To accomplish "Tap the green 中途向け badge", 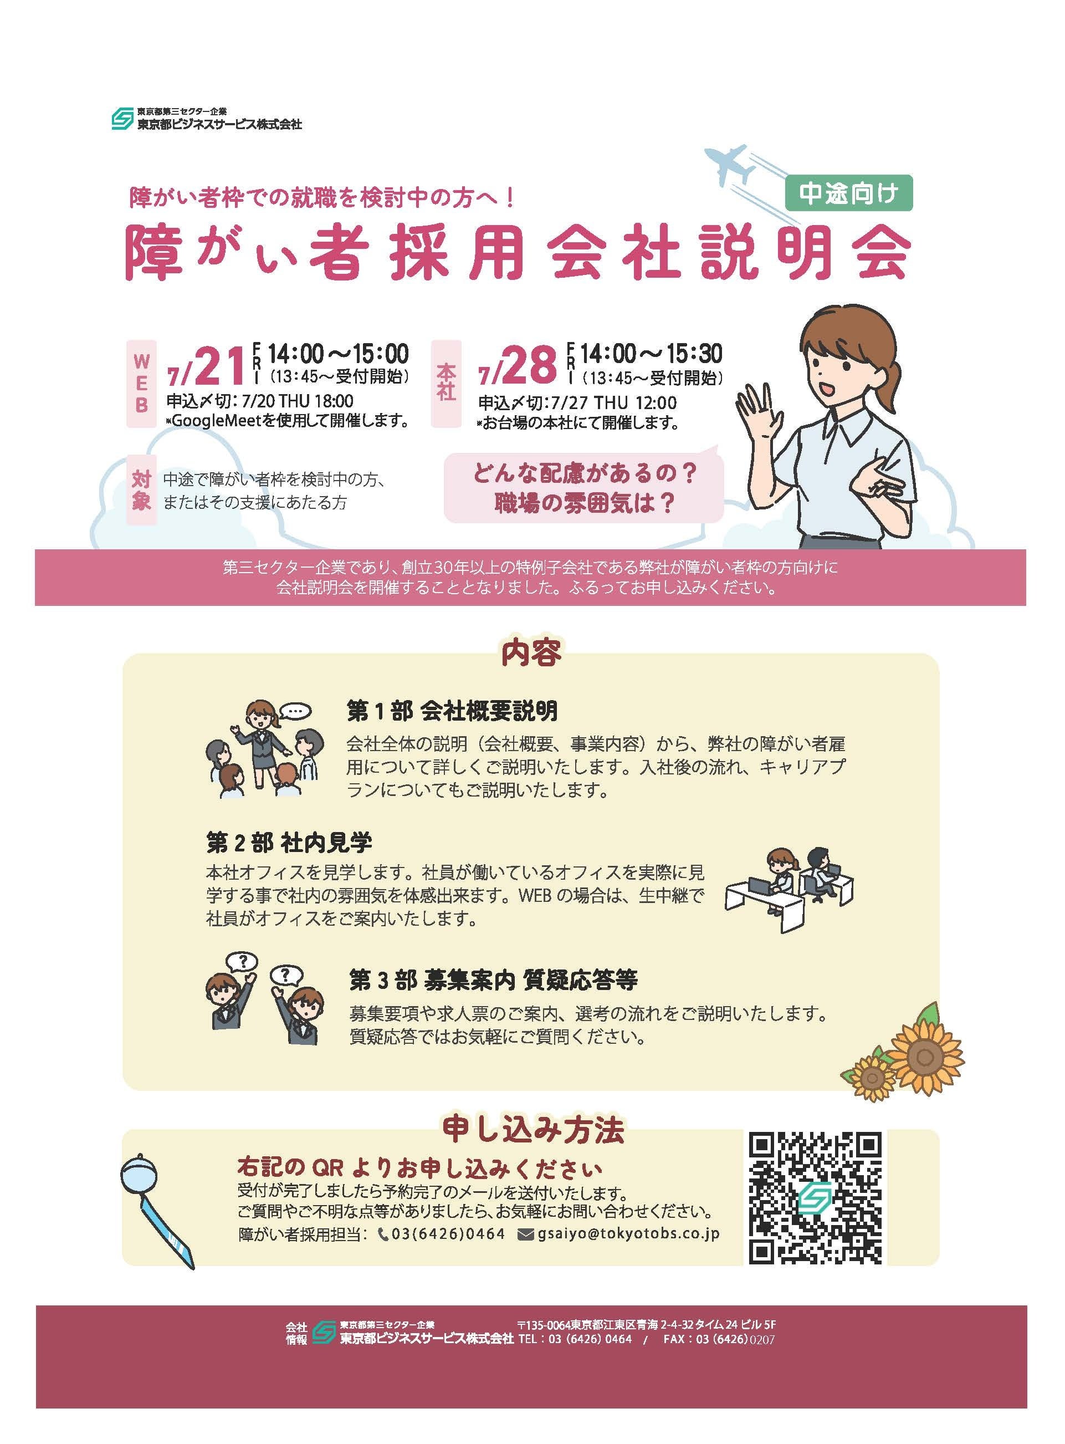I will (x=848, y=193).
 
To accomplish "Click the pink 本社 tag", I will (x=446, y=382).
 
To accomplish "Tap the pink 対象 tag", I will (x=141, y=490).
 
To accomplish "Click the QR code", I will (x=815, y=1207).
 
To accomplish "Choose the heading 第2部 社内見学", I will (x=289, y=842).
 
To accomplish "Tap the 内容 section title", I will (x=531, y=652).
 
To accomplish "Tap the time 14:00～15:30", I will (x=651, y=354).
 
